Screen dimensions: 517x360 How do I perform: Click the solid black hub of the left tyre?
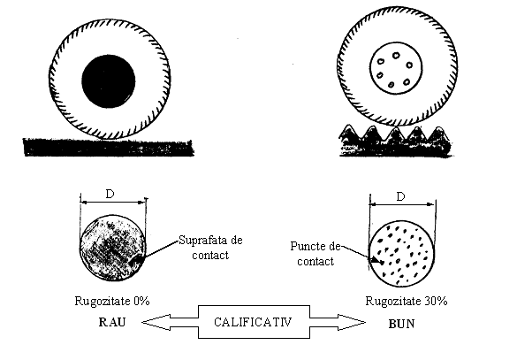point(109,81)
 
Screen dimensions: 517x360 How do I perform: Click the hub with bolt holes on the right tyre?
point(396,68)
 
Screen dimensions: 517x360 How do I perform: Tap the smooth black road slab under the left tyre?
point(109,147)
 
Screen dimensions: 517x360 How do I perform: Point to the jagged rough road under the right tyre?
point(395,141)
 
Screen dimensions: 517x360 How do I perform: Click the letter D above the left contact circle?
point(110,194)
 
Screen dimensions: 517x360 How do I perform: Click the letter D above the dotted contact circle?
point(400,197)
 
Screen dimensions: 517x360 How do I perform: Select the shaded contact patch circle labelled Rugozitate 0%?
point(112,249)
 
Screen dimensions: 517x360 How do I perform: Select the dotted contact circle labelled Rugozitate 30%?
point(401,254)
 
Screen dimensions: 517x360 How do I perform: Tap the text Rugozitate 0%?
point(112,301)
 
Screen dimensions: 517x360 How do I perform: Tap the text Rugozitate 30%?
point(407,301)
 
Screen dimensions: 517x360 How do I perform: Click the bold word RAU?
point(112,322)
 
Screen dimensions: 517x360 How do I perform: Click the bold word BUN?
point(401,324)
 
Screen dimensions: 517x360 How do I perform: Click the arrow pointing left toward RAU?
point(170,322)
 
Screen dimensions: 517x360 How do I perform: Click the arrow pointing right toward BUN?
point(338,322)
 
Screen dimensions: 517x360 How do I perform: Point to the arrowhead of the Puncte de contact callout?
point(375,261)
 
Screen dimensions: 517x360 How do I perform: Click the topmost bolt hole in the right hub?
point(396,56)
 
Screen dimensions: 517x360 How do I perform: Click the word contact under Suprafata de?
point(210,255)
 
